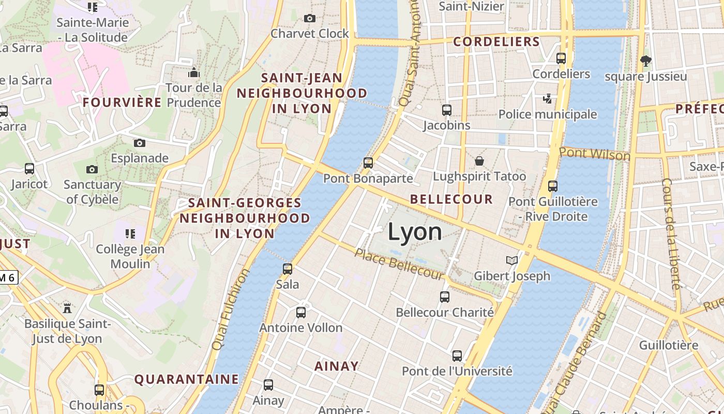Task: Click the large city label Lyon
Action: (x=415, y=232)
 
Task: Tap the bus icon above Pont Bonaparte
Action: (x=368, y=163)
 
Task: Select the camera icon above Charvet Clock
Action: (x=310, y=19)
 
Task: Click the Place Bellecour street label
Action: (x=399, y=264)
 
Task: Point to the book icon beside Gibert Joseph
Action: (x=512, y=260)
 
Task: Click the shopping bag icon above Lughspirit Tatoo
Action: (x=479, y=161)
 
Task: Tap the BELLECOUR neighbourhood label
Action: (x=451, y=199)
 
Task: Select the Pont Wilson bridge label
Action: (x=595, y=154)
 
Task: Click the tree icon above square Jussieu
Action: (x=645, y=61)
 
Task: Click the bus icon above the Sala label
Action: (x=288, y=269)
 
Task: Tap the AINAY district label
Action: (x=336, y=366)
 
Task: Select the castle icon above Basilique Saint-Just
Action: (x=67, y=308)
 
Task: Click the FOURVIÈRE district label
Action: (x=122, y=102)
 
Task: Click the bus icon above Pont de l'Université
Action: (x=457, y=356)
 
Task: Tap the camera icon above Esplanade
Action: (x=139, y=143)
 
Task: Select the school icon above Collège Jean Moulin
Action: (x=130, y=234)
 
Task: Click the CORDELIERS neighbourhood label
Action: (x=496, y=42)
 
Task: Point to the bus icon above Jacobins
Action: (x=447, y=110)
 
